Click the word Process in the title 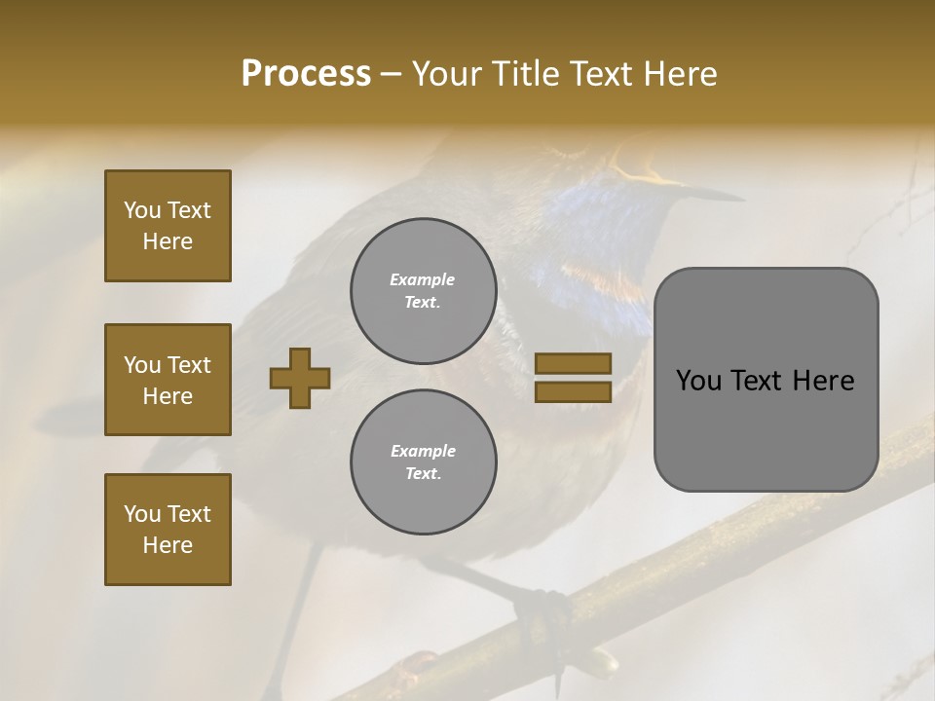pos(306,74)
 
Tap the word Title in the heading pos(524,74)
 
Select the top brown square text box pos(168,226)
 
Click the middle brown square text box pos(168,380)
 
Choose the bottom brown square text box pos(168,530)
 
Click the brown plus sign pos(300,377)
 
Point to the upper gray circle pos(423,291)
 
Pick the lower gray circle pos(423,462)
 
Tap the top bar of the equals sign pos(573,363)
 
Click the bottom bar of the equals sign pos(573,391)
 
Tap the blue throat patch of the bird pos(594,234)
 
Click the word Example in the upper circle pos(423,279)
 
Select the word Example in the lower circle pos(423,451)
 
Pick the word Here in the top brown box pos(168,241)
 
